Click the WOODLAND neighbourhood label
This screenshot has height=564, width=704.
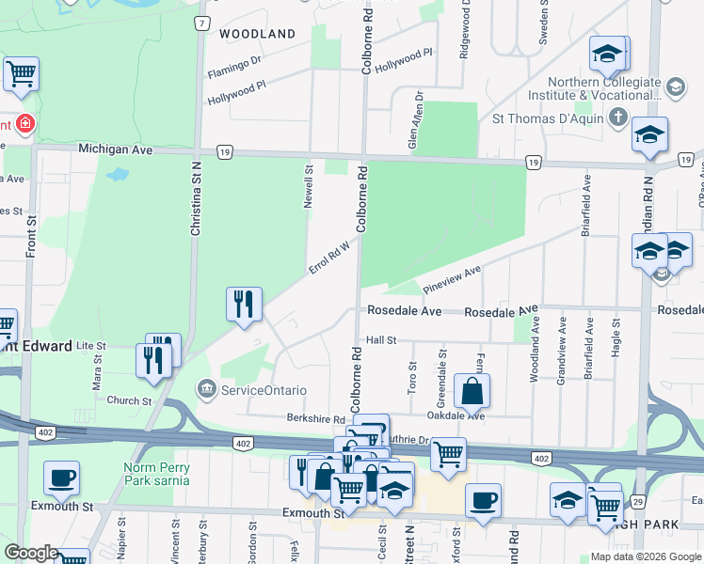click(257, 34)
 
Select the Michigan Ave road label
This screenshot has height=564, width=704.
click(115, 149)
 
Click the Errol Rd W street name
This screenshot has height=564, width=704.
click(329, 257)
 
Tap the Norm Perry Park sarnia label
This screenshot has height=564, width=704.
click(155, 474)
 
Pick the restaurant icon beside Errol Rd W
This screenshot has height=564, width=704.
click(244, 304)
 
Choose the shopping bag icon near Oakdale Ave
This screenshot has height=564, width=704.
click(472, 390)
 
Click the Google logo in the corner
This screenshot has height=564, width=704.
click(31, 553)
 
